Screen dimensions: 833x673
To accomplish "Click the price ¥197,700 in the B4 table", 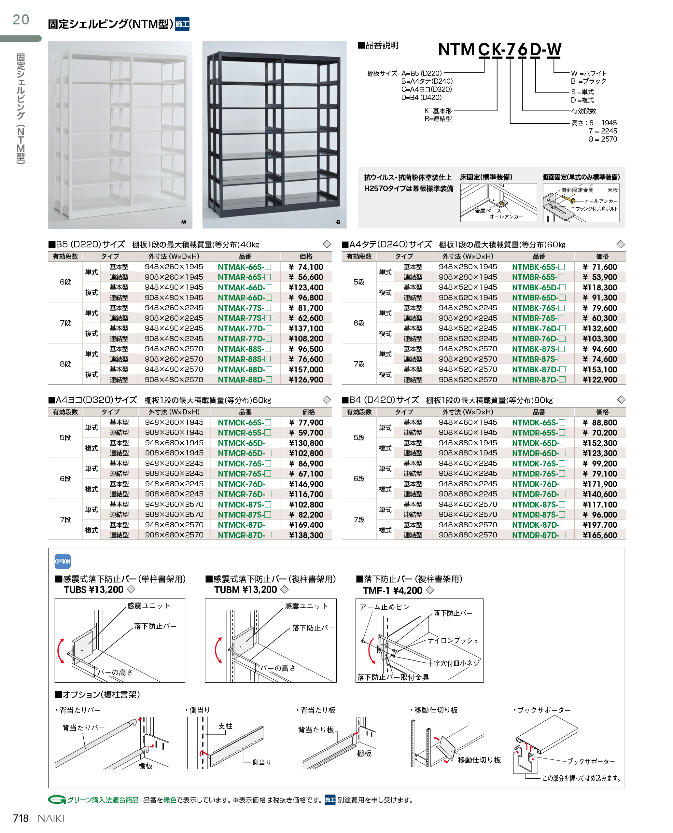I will pos(600,525).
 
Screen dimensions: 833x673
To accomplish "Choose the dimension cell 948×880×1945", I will pos(468,443).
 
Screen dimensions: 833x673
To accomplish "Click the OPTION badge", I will pos(63,561).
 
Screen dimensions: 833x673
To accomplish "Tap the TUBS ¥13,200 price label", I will pos(93,590).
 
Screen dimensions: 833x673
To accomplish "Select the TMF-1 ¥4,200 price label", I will pos(392,590).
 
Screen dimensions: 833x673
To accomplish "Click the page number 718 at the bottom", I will pos(21,818).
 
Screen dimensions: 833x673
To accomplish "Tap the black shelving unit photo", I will pos(274,134).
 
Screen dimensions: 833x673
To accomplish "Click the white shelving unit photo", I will pos(120,134).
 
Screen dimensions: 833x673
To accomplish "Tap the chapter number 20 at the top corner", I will pos(21,20).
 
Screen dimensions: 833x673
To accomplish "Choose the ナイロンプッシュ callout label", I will pos(453,641).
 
